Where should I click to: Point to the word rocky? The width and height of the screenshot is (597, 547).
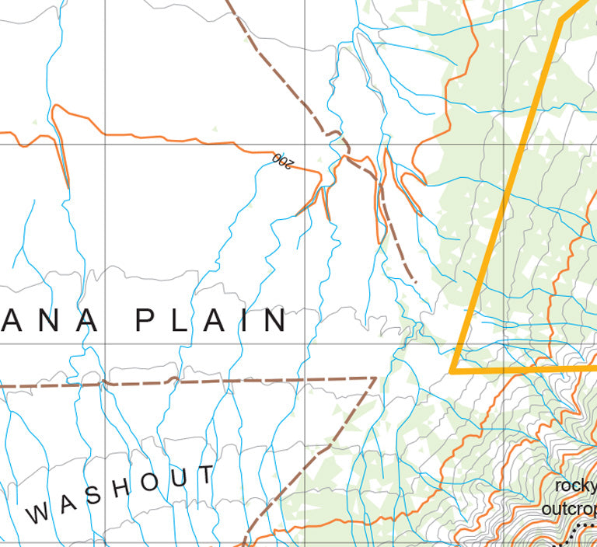[x=575, y=487]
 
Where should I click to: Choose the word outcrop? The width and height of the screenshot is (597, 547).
[x=569, y=510]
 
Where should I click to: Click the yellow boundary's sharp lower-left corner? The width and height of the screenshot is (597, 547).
[x=452, y=372]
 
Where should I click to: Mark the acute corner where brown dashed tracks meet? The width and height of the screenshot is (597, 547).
[x=375, y=378]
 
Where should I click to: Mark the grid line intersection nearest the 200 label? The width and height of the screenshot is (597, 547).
[x=304, y=145]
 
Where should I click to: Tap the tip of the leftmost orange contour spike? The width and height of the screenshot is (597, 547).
[x=68, y=187]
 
